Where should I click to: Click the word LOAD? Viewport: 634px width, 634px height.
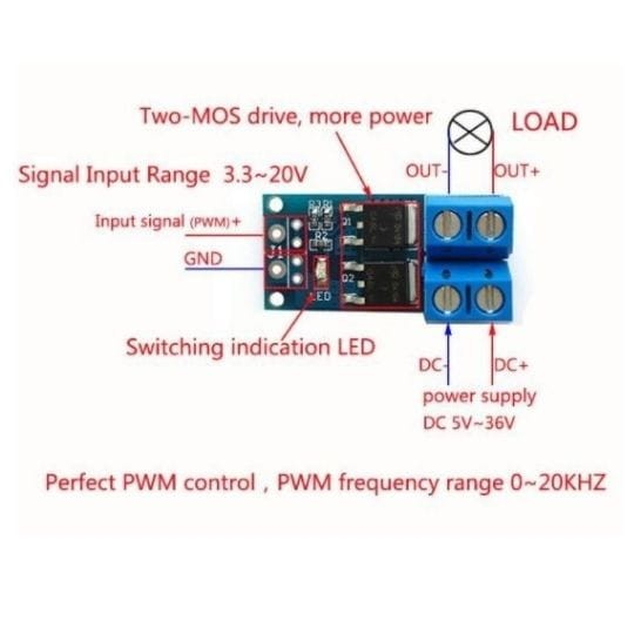pyautogui.click(x=544, y=122)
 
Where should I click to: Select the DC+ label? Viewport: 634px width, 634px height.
pyautogui.click(x=511, y=366)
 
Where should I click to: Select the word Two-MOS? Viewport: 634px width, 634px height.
pyautogui.click(x=190, y=117)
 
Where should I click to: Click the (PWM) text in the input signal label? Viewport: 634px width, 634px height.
pyautogui.click(x=209, y=222)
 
